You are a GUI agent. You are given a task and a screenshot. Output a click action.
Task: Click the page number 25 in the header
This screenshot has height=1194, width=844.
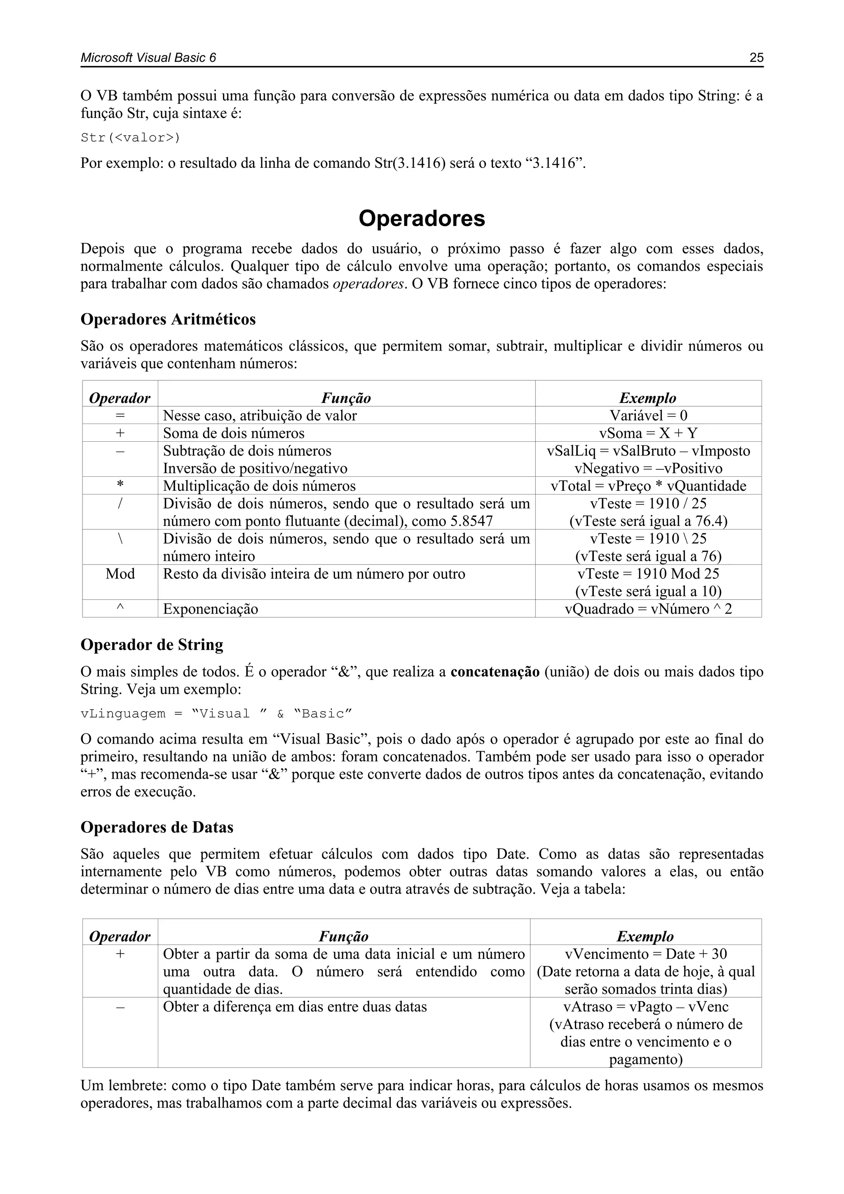(x=756, y=58)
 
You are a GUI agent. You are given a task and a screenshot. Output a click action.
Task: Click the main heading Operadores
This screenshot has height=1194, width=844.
(x=422, y=219)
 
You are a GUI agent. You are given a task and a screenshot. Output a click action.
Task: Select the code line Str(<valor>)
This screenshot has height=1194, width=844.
(x=131, y=138)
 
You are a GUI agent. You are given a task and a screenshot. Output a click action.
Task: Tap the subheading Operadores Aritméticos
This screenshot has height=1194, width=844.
(x=168, y=319)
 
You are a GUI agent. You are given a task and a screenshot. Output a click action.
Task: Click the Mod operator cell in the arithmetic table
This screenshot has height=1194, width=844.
(x=120, y=574)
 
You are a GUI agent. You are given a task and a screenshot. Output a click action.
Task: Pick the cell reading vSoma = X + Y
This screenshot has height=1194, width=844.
(x=648, y=433)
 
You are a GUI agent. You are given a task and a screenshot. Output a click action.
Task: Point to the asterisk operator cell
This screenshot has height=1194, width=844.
(x=120, y=486)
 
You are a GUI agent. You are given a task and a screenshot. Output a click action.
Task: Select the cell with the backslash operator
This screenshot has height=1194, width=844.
(x=120, y=539)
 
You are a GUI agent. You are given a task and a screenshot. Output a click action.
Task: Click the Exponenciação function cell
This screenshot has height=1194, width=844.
(x=211, y=609)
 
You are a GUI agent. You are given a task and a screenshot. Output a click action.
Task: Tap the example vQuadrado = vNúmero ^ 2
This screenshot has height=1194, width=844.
(x=648, y=609)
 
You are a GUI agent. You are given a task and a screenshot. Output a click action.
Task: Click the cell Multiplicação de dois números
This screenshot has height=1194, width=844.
(x=259, y=486)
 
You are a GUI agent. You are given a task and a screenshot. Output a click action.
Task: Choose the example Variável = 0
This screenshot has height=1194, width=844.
(x=648, y=415)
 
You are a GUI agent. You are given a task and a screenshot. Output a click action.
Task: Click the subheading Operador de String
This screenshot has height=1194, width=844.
(x=152, y=645)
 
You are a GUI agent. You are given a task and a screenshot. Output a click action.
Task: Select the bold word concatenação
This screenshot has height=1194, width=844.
(x=495, y=672)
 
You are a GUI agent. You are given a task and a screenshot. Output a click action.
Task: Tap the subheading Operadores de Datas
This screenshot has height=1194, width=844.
(x=157, y=827)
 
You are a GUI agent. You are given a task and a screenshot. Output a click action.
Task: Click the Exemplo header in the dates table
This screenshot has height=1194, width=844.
(x=645, y=937)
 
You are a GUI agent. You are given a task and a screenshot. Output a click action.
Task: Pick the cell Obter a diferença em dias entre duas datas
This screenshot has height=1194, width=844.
(x=295, y=1007)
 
